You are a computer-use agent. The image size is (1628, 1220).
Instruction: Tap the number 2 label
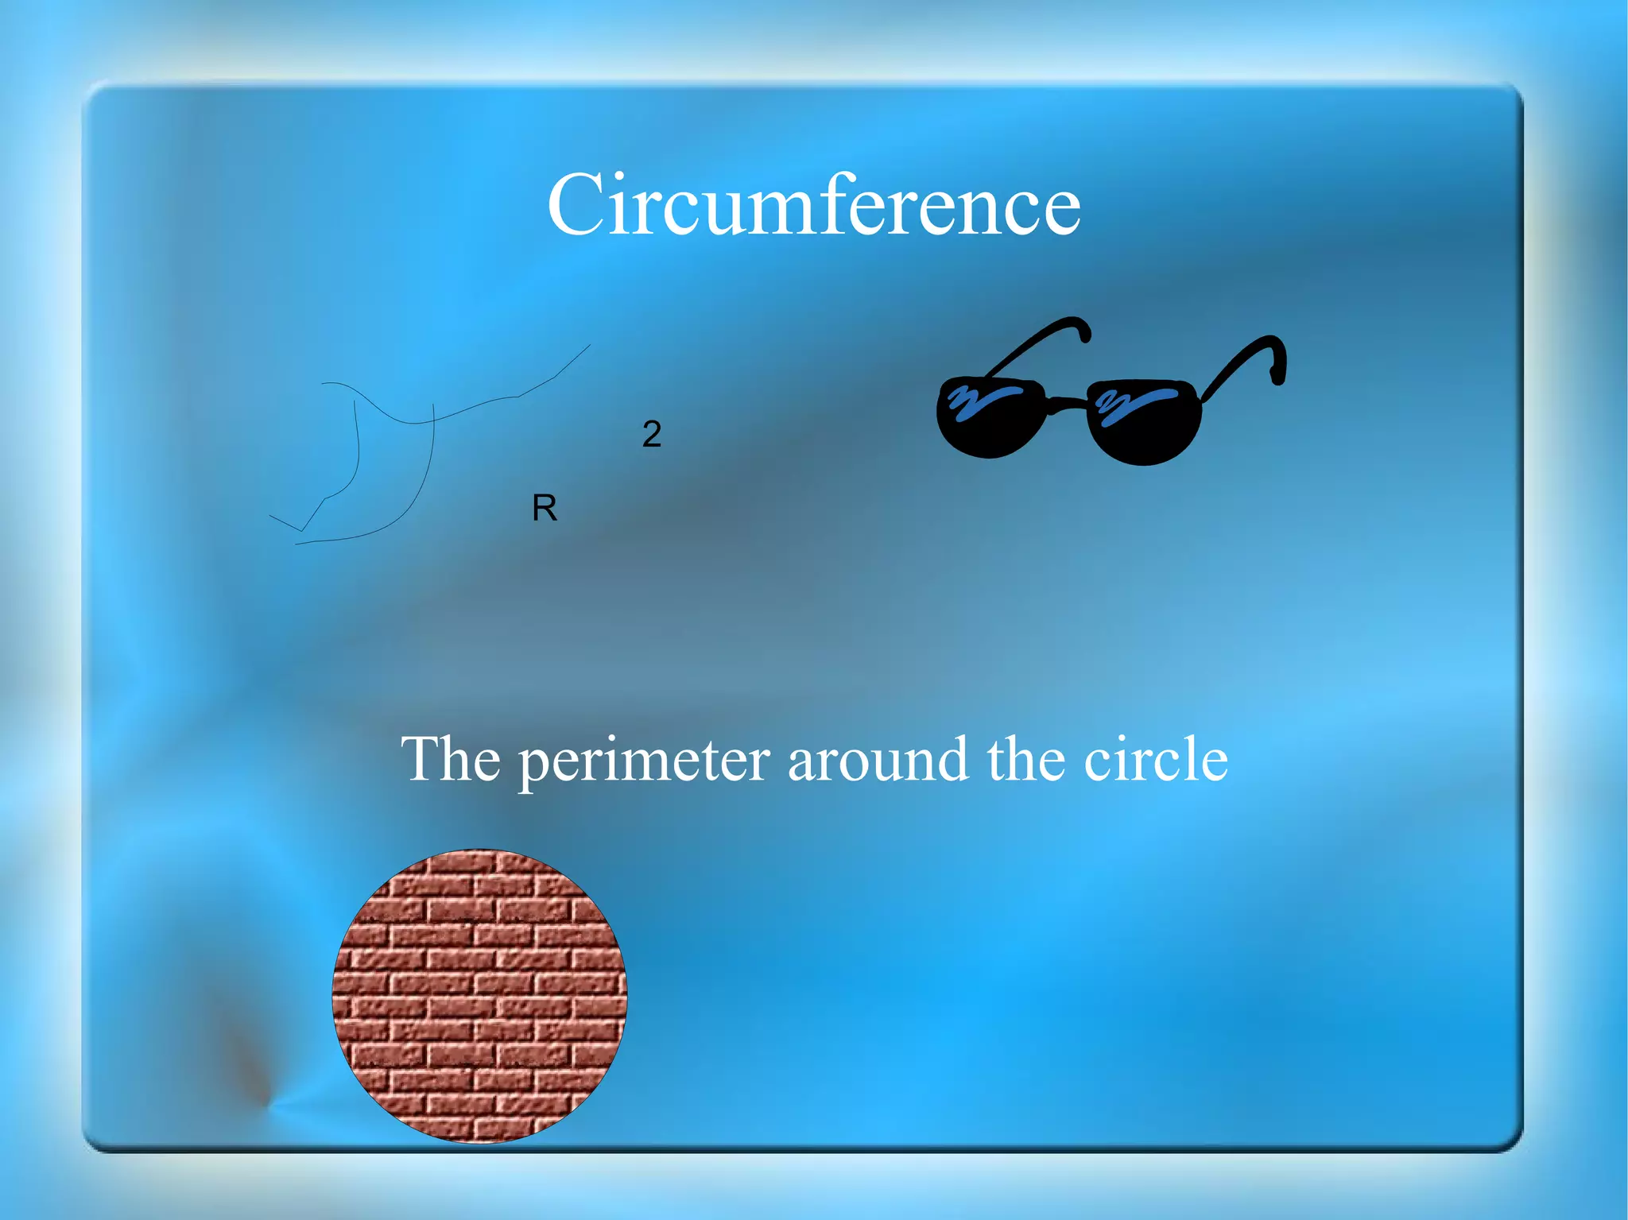pyautogui.click(x=651, y=434)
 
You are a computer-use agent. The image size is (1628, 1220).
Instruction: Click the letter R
pyautogui.click(x=545, y=508)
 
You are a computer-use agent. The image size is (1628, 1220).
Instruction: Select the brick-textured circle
pyautogui.click(x=479, y=995)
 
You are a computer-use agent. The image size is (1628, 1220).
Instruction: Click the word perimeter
pyautogui.click(x=644, y=761)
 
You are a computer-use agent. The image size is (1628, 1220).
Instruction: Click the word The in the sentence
pyautogui.click(x=451, y=759)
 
